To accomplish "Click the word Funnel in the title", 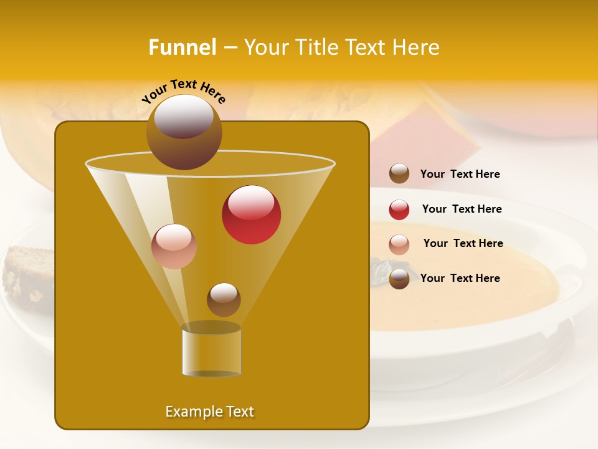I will point(183,47).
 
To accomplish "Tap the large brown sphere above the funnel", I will point(184,131).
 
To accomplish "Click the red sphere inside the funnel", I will point(251,215).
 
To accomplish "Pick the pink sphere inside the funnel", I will point(174,246).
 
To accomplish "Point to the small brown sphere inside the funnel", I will point(224,299).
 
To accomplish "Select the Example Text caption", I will point(210,412).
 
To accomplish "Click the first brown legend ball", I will point(399,173).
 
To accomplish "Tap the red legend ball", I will point(399,209).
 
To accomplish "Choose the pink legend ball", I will point(399,244).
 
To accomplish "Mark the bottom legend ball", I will point(399,279).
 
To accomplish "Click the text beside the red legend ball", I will point(462,209).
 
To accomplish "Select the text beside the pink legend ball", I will point(463,243).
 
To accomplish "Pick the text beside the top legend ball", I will point(460,174).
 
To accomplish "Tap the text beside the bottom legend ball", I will point(460,278).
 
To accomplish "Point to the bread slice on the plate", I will point(28,274).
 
